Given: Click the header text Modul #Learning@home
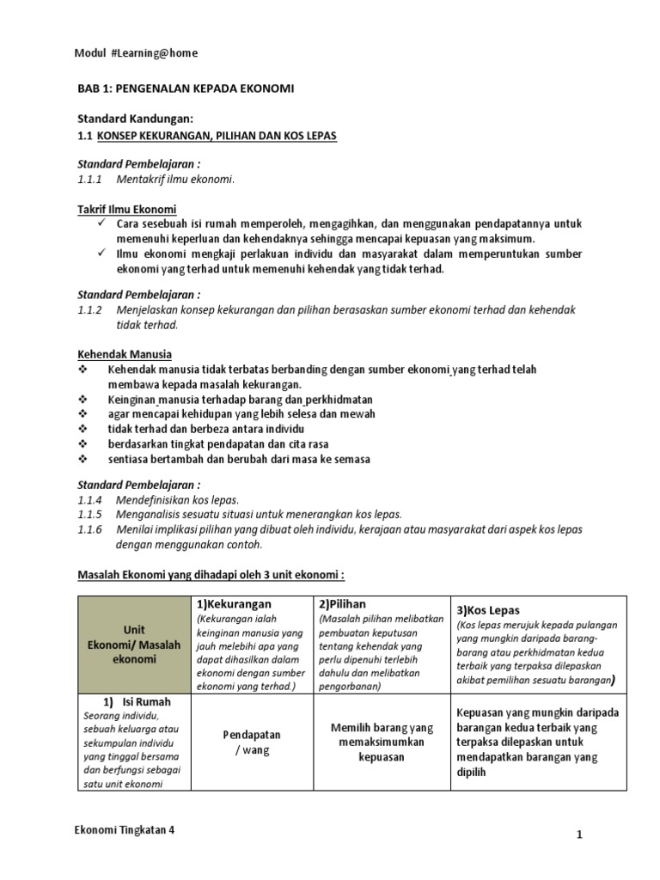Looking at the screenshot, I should click(137, 53).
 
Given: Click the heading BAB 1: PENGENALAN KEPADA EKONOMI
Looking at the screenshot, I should click(186, 89).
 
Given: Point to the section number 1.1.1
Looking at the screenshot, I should click(89, 179).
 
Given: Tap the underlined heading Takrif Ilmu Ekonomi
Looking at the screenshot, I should click(127, 209).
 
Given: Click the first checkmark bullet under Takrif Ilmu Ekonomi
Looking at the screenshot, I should click(101, 223).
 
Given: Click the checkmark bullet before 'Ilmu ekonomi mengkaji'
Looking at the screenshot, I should click(101, 254).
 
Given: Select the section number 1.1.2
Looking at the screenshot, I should click(89, 309).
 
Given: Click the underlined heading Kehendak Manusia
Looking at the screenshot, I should click(125, 354).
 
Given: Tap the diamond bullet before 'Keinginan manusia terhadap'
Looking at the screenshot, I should click(83, 400).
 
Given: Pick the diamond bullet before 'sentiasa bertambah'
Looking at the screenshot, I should click(83, 459).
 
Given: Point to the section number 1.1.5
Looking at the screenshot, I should click(89, 515).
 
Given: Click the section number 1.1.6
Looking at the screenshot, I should click(89, 530).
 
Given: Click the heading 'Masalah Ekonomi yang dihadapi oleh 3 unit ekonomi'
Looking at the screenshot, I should click(211, 574).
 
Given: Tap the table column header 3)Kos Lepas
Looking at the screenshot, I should click(489, 609).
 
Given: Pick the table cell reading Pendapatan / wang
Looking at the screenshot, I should click(252, 743).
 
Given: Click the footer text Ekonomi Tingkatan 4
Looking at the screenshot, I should click(130, 832).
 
